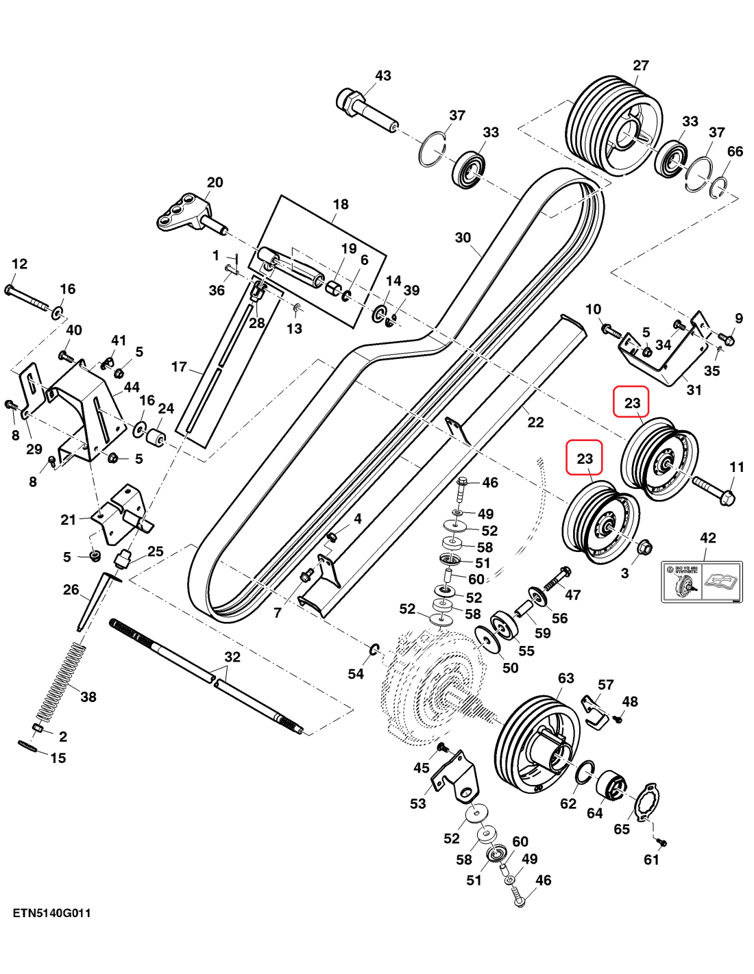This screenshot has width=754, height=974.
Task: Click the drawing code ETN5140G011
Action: (51, 913)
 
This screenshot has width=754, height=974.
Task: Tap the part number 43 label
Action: (382, 75)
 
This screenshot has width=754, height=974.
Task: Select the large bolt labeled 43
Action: (363, 110)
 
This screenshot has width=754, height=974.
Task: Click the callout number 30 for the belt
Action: (463, 238)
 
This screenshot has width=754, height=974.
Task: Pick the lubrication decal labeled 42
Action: (701, 582)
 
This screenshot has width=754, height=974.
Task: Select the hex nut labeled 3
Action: (644, 547)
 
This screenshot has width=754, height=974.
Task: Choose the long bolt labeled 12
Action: (31, 299)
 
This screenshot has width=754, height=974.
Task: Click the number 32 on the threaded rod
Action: (232, 657)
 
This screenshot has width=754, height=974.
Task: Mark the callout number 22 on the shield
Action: (535, 423)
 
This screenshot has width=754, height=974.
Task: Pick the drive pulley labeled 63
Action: (538, 743)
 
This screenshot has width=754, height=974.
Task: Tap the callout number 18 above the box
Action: (341, 204)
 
